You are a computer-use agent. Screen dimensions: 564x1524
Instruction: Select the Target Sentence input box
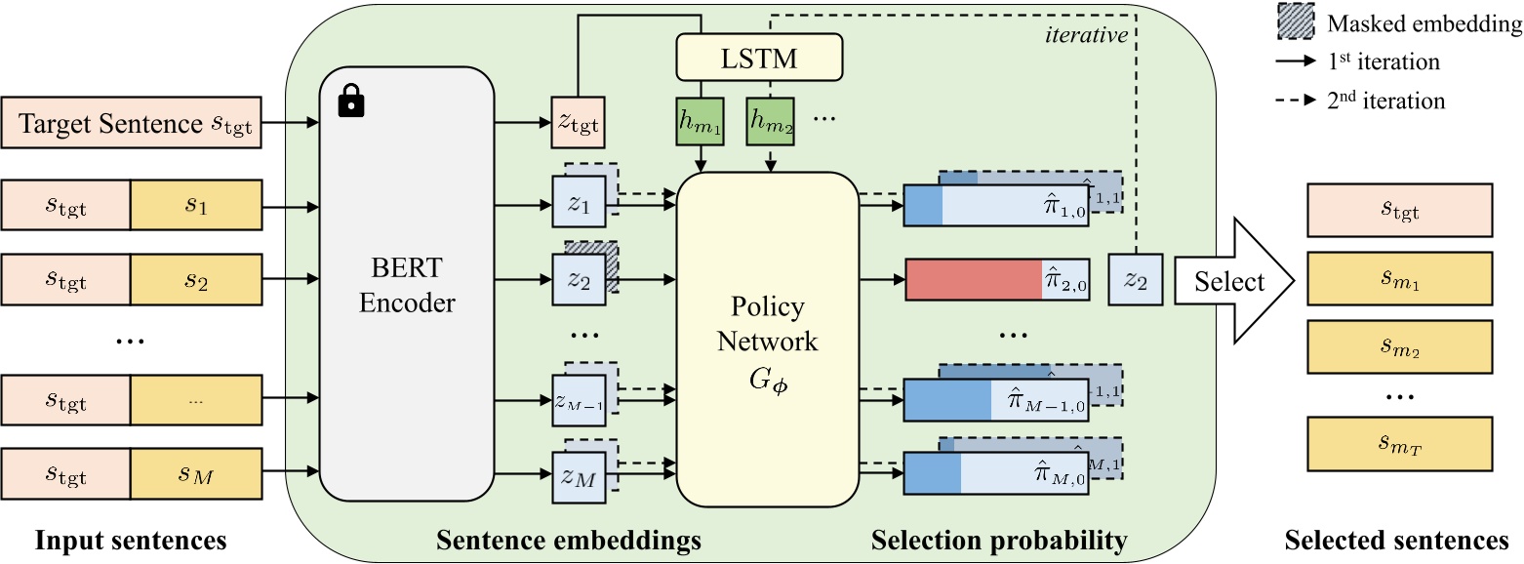click(x=132, y=124)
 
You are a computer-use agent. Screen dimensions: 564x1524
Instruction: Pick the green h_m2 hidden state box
click(x=771, y=123)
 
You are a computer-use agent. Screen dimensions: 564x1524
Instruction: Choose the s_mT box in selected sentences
click(x=1397, y=445)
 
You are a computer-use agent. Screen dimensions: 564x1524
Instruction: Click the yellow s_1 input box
click(x=196, y=206)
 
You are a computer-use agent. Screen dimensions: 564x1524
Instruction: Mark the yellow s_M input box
click(x=196, y=475)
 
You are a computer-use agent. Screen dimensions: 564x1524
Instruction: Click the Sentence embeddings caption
click(x=569, y=539)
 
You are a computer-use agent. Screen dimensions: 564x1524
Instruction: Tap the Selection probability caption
click(x=999, y=539)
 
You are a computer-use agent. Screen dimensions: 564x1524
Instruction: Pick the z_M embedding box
click(x=580, y=478)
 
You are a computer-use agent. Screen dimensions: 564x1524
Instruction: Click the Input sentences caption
click(x=131, y=539)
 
